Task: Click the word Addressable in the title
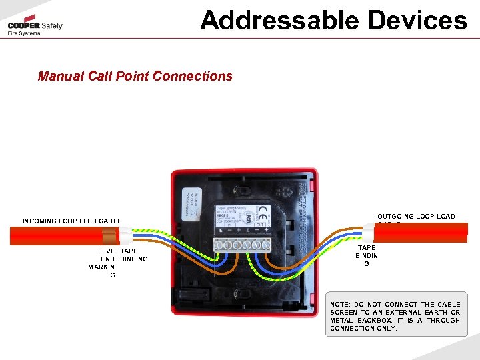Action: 277,20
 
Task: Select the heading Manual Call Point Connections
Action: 135,76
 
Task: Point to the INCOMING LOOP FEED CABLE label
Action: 72,221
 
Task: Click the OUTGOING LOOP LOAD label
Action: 416,217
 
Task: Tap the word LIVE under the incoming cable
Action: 107,251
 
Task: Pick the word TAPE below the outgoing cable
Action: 367,248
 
